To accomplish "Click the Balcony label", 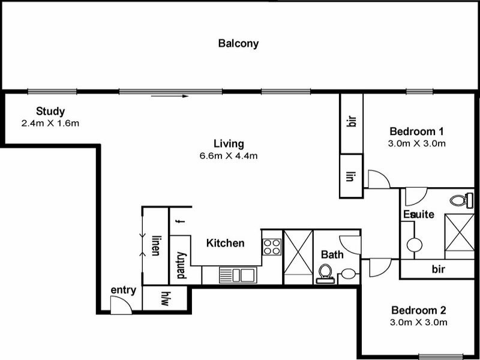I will click(238, 43).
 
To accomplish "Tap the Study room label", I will click(50, 111).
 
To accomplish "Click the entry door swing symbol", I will click(120, 305).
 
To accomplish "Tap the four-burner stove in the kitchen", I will click(272, 246).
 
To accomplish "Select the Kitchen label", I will click(225, 243).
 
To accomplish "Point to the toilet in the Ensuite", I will click(463, 199).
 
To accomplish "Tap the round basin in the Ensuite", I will click(415, 245).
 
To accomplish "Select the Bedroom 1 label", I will click(416, 131).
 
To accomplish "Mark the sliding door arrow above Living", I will click(170, 95).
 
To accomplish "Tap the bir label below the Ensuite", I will click(438, 269).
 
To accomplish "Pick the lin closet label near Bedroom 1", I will click(352, 176).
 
